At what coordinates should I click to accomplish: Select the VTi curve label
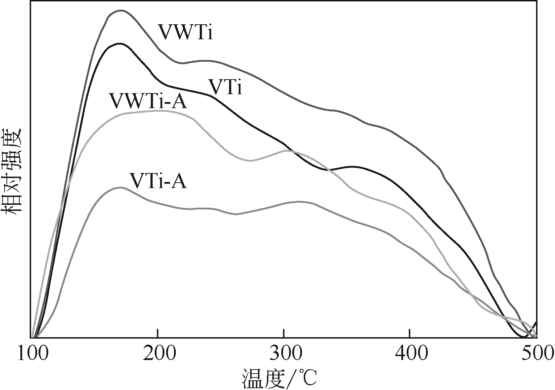(225, 87)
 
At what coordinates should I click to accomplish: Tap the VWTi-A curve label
(148, 101)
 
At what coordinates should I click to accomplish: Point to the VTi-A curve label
(158, 181)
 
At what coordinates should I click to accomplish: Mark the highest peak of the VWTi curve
(120, 10)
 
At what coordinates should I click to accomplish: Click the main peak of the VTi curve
(119, 44)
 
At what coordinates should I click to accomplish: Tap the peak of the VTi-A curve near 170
(120, 187)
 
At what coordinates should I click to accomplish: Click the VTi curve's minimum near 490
(524, 336)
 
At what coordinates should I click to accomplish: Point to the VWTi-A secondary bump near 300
(288, 151)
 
